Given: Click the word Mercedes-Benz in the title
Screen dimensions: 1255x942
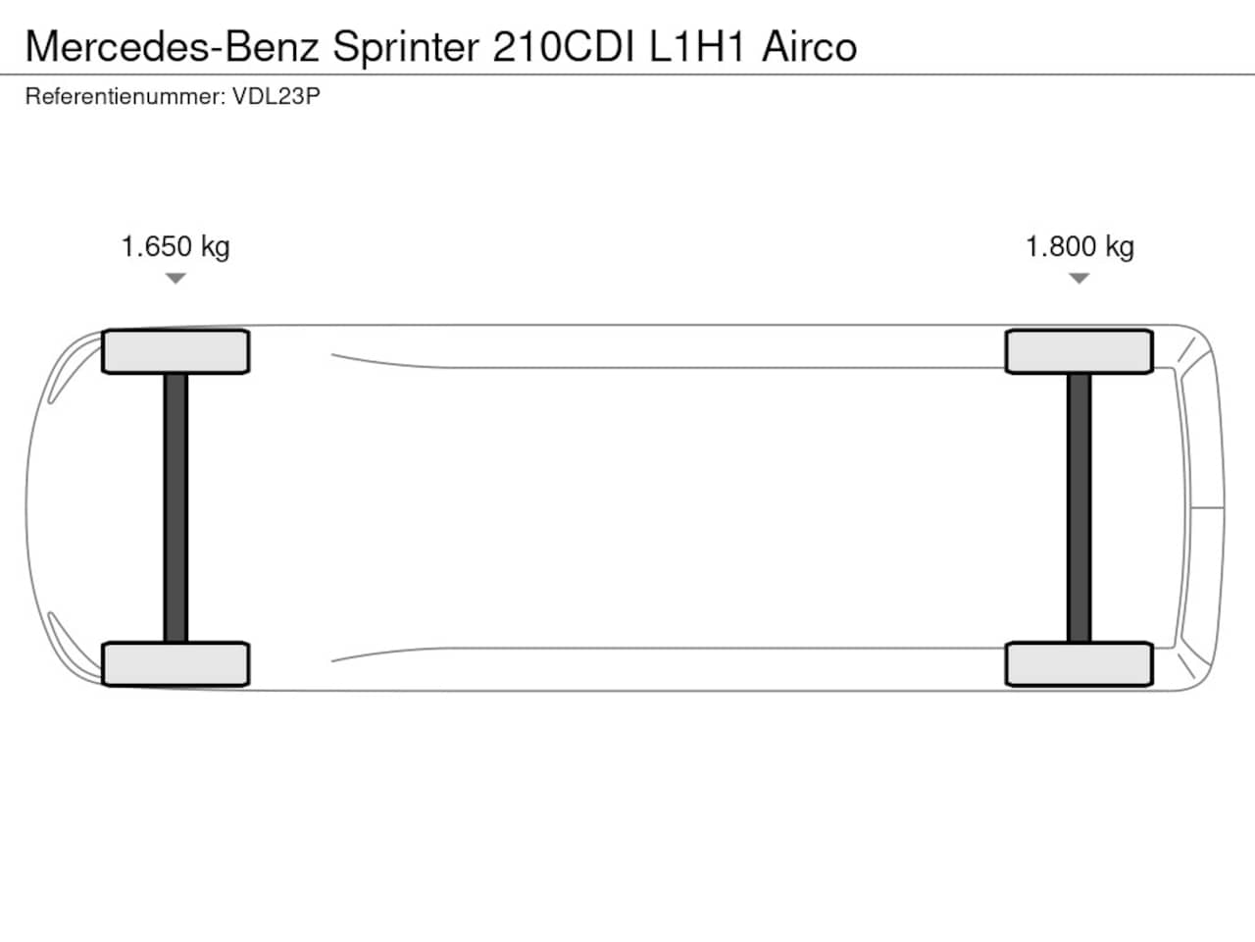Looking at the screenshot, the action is pos(173,46).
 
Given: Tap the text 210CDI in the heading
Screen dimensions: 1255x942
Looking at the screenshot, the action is pos(564,46).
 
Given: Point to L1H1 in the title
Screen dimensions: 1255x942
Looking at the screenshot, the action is pos(697,46).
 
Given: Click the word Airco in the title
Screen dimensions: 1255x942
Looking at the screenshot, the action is pos(809,46).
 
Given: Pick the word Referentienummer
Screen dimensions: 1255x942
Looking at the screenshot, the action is pos(125,96).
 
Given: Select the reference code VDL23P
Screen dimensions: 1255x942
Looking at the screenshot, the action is pos(276,96).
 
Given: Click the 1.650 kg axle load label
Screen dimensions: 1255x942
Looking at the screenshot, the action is pos(176,247).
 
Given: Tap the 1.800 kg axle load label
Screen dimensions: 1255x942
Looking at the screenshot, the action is pos(1079,247).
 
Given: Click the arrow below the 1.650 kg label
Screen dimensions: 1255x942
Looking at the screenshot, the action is pos(176,278).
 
